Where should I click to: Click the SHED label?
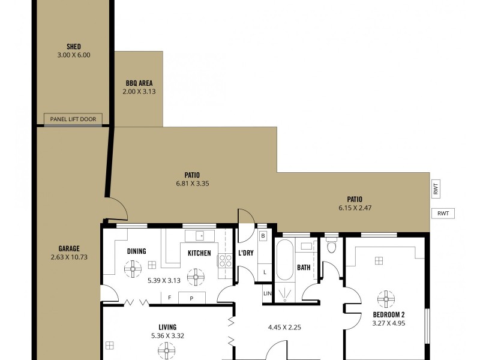(x=74, y=47)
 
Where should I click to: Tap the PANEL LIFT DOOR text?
(x=73, y=119)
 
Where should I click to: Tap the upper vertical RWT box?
(x=436, y=190)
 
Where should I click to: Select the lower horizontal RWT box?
(x=443, y=213)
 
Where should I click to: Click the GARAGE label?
(x=69, y=248)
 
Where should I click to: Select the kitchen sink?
(x=196, y=236)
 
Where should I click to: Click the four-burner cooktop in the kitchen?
(x=225, y=260)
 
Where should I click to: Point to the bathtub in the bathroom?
(x=285, y=259)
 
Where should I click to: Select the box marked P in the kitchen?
(x=191, y=298)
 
